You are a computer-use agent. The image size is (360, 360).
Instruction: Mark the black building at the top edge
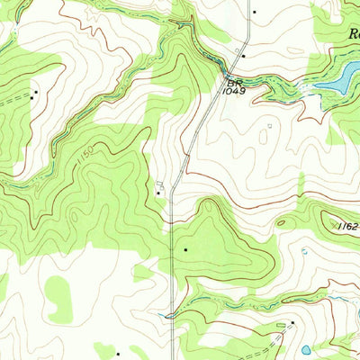point(255,12)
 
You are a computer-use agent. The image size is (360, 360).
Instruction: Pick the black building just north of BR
point(243,56)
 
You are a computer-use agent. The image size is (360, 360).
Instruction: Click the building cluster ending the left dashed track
point(35,93)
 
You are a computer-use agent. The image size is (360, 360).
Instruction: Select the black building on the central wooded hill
point(186,248)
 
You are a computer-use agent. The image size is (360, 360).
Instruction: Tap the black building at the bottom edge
point(118,354)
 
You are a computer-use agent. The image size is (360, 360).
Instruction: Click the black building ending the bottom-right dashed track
point(292,322)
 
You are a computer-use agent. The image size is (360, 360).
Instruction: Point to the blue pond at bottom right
point(307,349)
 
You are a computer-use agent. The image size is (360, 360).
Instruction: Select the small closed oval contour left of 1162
point(282,222)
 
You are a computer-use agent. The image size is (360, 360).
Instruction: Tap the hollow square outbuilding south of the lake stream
point(268,127)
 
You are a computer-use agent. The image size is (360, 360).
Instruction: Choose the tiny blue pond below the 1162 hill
point(304,252)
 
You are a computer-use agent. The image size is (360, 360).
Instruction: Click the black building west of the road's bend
point(159,192)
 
